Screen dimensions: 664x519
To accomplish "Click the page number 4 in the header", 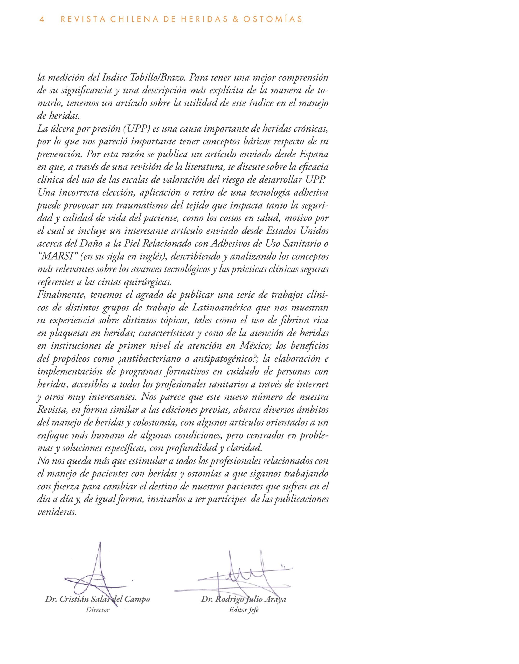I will click(42, 19).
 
